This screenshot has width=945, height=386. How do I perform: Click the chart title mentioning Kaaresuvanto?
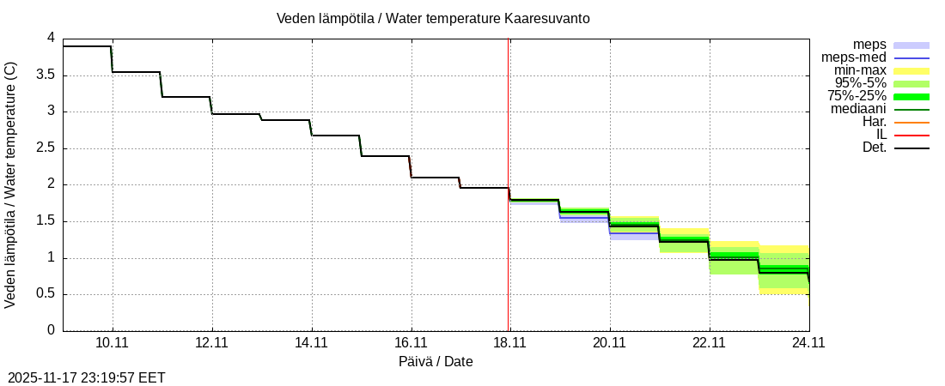(433, 18)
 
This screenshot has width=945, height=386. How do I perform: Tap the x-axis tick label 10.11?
(113, 343)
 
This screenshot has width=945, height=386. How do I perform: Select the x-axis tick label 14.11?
(311, 343)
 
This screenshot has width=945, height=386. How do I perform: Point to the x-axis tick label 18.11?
(509, 343)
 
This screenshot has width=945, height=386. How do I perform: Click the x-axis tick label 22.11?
(709, 343)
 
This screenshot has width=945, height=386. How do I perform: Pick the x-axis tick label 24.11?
(808, 343)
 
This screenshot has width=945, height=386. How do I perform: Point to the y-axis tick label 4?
(51, 38)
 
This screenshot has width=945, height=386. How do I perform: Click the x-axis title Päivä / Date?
(436, 361)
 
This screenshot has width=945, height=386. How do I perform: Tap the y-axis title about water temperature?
(11, 184)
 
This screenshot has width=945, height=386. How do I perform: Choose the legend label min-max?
(860, 70)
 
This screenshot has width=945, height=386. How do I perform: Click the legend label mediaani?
(858, 109)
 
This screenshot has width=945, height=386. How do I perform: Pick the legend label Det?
(874, 148)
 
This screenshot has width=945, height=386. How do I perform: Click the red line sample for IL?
(911, 136)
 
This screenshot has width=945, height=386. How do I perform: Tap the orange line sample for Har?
(911, 123)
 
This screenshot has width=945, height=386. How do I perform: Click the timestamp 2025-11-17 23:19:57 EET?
(87, 377)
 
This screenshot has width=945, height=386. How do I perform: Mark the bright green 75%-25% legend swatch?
(911, 97)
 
